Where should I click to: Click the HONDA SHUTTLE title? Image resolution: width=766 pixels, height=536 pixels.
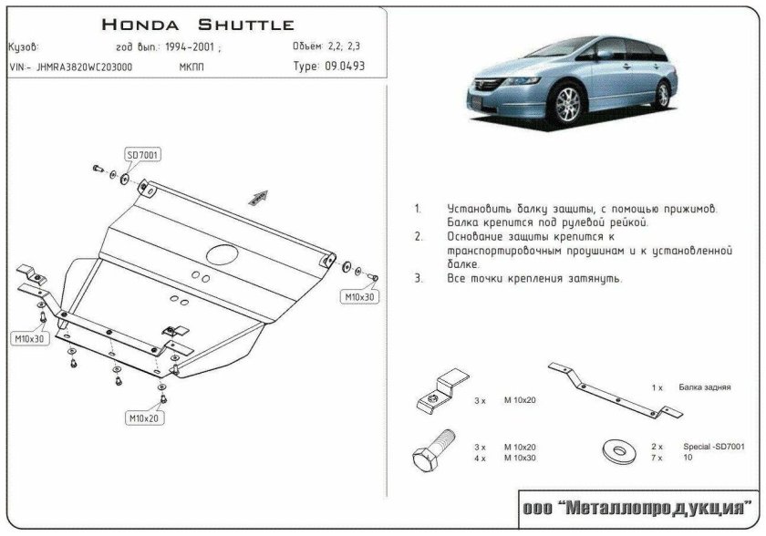[x=196, y=24]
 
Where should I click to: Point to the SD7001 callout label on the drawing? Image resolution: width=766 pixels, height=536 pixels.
[x=142, y=156]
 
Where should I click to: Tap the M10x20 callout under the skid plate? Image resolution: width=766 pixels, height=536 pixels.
[x=143, y=417]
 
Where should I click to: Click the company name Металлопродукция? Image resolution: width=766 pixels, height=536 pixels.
[x=639, y=507]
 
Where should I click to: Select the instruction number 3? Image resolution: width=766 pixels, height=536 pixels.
[x=418, y=278]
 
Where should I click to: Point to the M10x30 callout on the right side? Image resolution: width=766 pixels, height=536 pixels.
[x=359, y=297]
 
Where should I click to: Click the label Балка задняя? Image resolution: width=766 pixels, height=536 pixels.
[x=705, y=387]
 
